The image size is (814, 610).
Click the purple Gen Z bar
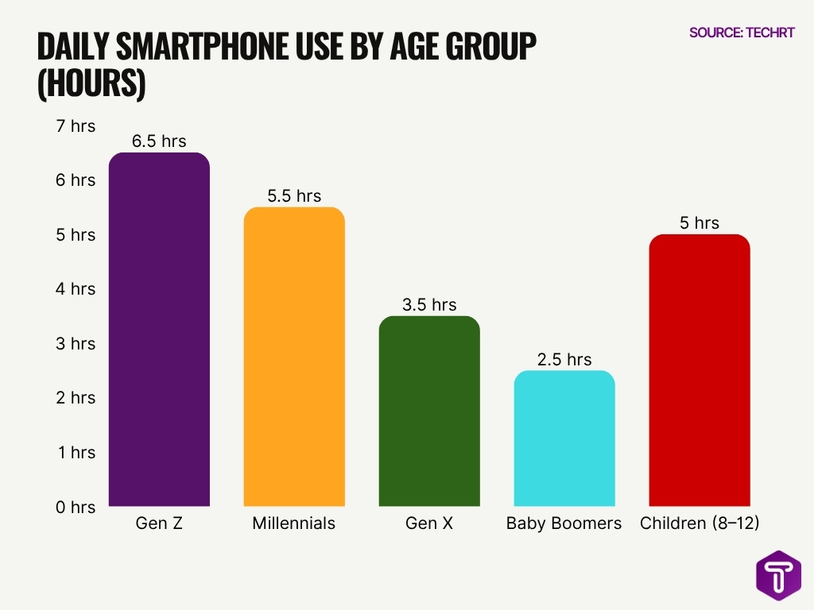(x=159, y=330)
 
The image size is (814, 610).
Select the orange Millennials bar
(x=294, y=357)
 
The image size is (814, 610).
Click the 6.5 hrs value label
(x=159, y=141)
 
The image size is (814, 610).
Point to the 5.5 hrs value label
(x=294, y=196)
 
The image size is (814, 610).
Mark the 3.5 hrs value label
(x=429, y=305)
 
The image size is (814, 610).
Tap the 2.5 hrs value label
(x=564, y=360)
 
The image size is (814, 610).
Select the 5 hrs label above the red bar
(x=700, y=223)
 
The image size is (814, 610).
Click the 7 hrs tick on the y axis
(x=76, y=125)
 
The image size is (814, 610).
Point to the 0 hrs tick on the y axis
(x=76, y=507)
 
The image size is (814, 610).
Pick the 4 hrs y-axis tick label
(x=76, y=289)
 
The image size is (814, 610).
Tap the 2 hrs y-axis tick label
(x=76, y=398)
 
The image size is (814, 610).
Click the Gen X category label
(x=429, y=523)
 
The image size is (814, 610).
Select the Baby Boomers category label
(x=564, y=523)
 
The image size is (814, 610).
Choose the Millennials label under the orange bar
(x=294, y=523)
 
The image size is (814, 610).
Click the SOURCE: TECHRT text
(x=742, y=33)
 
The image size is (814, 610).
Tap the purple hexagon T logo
(x=778, y=576)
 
